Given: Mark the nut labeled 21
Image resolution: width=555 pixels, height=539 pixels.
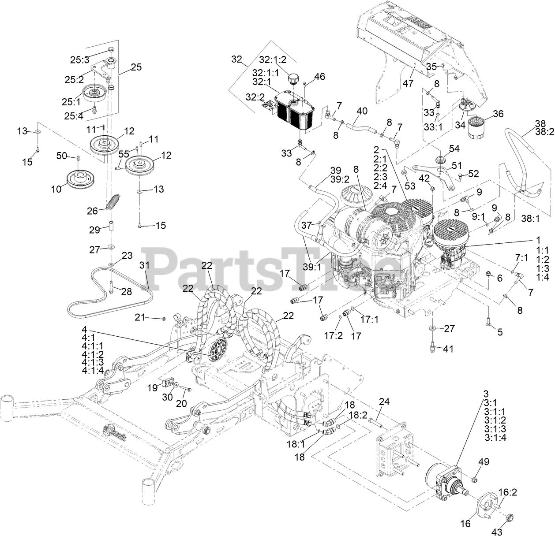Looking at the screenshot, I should [164, 318].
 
